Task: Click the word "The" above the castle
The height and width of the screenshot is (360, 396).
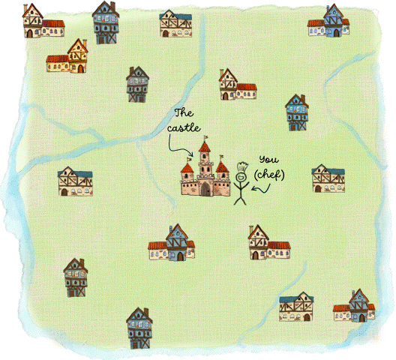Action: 184,113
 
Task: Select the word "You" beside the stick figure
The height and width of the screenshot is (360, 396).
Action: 267,160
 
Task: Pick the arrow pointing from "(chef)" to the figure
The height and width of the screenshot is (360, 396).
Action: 260,187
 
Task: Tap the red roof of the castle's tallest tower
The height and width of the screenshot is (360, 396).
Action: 205,148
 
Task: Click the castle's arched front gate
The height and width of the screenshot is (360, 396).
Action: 205,189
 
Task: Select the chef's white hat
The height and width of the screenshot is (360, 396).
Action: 241,168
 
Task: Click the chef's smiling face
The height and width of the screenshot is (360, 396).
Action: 241,178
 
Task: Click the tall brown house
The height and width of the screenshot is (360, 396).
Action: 75,277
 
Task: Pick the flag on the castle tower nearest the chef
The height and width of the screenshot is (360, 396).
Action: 223,157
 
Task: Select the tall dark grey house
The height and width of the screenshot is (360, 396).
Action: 137,84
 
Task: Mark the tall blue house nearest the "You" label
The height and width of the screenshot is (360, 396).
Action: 297,112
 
